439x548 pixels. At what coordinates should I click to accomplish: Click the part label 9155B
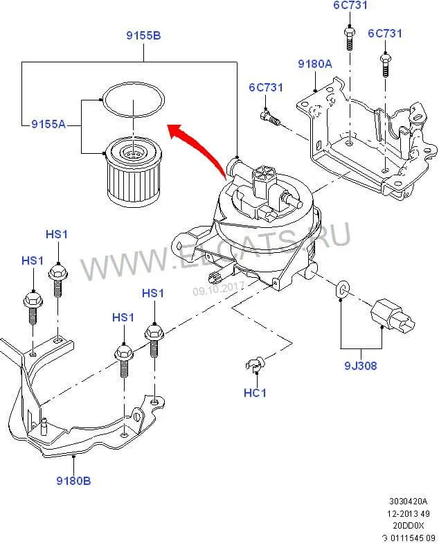tap(143, 35)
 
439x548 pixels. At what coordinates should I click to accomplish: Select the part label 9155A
tap(48, 124)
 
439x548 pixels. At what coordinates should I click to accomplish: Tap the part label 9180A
tap(315, 64)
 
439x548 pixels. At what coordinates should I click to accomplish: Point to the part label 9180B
tap(75, 479)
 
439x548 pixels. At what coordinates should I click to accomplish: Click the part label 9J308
tap(360, 366)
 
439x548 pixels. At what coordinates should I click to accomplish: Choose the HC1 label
tap(256, 393)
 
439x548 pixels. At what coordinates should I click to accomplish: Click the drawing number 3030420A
tap(409, 501)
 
